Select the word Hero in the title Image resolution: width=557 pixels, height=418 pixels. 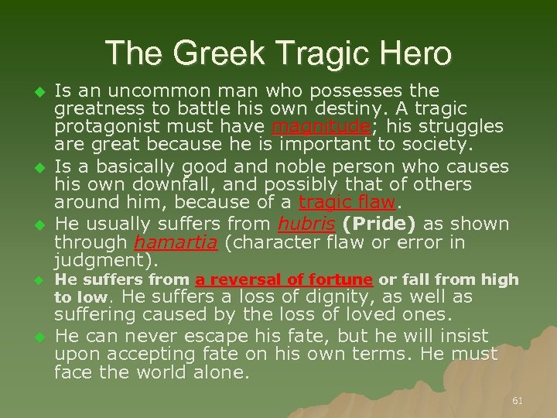click(413, 53)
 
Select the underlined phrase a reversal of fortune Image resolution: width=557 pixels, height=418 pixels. click(285, 279)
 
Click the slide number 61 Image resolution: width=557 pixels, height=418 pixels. click(518, 400)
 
